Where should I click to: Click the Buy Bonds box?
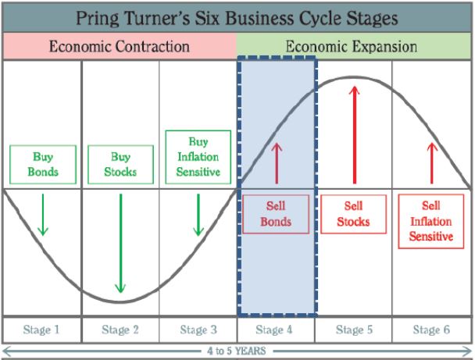tap(43, 165)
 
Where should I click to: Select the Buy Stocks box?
tap(120, 165)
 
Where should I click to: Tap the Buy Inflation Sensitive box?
tap(198, 157)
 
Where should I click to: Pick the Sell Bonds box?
tap(276, 214)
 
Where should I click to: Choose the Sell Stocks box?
tap(354, 214)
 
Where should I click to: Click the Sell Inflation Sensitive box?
tap(431, 222)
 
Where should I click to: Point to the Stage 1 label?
tap(41, 330)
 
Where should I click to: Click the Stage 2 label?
tap(120, 330)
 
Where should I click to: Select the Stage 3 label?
tap(198, 330)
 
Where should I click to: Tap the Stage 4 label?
tap(274, 330)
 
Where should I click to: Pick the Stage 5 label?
tap(354, 330)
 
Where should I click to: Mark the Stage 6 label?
tap(431, 330)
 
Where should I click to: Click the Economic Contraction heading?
tap(120, 47)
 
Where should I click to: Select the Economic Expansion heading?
tap(352, 47)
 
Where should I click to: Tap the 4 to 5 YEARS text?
tap(237, 351)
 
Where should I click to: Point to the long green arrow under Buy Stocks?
tap(120, 244)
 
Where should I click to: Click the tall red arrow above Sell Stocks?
tap(354, 135)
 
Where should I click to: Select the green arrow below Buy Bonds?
tap(43, 215)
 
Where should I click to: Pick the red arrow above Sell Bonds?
tap(277, 163)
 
